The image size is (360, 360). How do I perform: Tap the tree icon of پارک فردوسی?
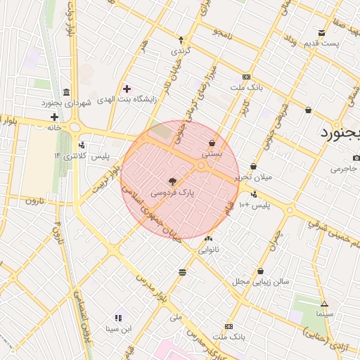(173, 181)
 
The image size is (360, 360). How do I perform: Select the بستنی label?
(212, 153)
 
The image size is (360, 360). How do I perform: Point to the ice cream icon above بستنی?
(212, 143)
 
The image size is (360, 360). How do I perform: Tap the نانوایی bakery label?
(209, 249)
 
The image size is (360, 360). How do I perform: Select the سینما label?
(324, 314)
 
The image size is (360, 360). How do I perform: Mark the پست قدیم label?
(321, 44)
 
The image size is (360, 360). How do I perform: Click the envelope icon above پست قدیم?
(322, 33)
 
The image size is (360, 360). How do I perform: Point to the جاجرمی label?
(345, 169)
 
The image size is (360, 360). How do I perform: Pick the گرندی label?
(181, 51)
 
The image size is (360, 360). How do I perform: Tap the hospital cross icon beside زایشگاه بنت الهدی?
(127, 89)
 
